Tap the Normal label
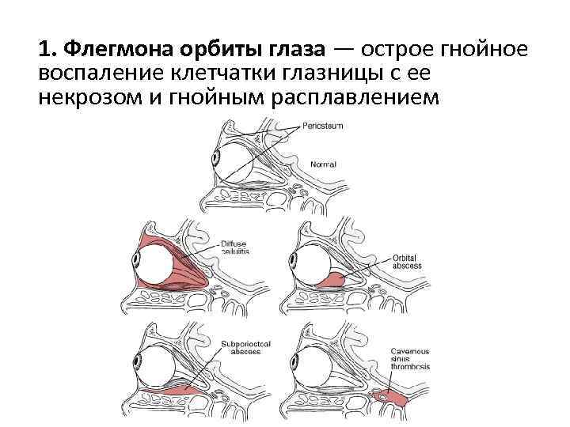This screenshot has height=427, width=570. [x=323, y=164]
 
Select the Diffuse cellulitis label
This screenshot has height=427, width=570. [x=236, y=248]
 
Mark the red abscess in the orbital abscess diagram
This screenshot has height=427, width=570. [x=337, y=279]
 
